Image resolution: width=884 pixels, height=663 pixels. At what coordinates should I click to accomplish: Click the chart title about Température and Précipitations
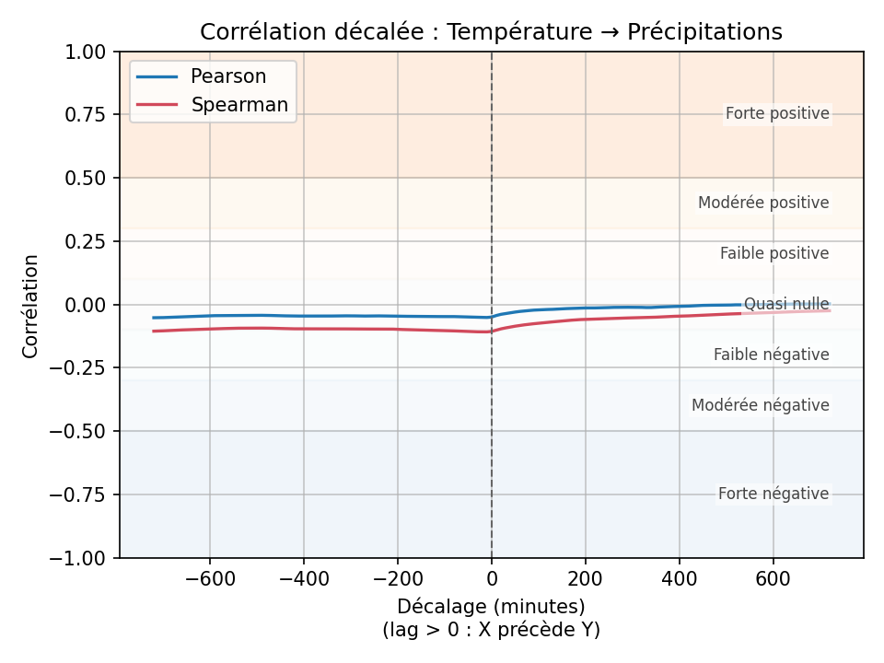tap(491, 32)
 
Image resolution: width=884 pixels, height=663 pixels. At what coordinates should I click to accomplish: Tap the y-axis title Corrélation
tap(31, 306)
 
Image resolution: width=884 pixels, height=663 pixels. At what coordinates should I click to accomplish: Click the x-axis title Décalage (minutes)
tap(491, 607)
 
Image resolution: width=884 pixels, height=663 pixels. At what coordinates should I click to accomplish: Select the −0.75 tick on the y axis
tap(82, 494)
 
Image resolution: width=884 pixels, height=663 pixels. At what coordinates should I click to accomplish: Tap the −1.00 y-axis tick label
tap(82, 558)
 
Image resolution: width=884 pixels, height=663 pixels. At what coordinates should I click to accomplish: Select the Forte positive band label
tap(777, 114)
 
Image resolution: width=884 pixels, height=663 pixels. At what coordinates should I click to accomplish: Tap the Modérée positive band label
tap(763, 203)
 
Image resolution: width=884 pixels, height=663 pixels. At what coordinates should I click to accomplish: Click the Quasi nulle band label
tap(786, 304)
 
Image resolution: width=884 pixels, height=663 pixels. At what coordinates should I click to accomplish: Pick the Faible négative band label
tap(771, 355)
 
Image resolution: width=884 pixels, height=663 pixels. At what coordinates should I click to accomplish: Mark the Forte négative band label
tap(773, 494)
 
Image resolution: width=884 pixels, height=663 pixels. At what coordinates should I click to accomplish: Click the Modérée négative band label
tap(760, 405)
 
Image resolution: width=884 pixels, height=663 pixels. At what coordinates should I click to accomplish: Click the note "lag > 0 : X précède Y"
tap(491, 630)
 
